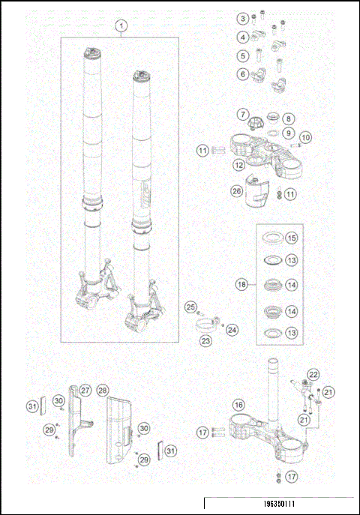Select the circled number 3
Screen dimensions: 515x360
243,18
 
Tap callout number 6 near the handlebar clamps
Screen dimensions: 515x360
243,74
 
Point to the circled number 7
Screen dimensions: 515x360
243,114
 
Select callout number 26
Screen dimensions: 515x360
237,191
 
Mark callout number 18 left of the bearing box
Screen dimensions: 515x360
241,285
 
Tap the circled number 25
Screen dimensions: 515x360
190,307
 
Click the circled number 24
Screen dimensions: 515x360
232,328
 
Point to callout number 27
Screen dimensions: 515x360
85,391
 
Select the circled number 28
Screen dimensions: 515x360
103,391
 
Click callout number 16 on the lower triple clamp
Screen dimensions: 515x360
238,405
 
